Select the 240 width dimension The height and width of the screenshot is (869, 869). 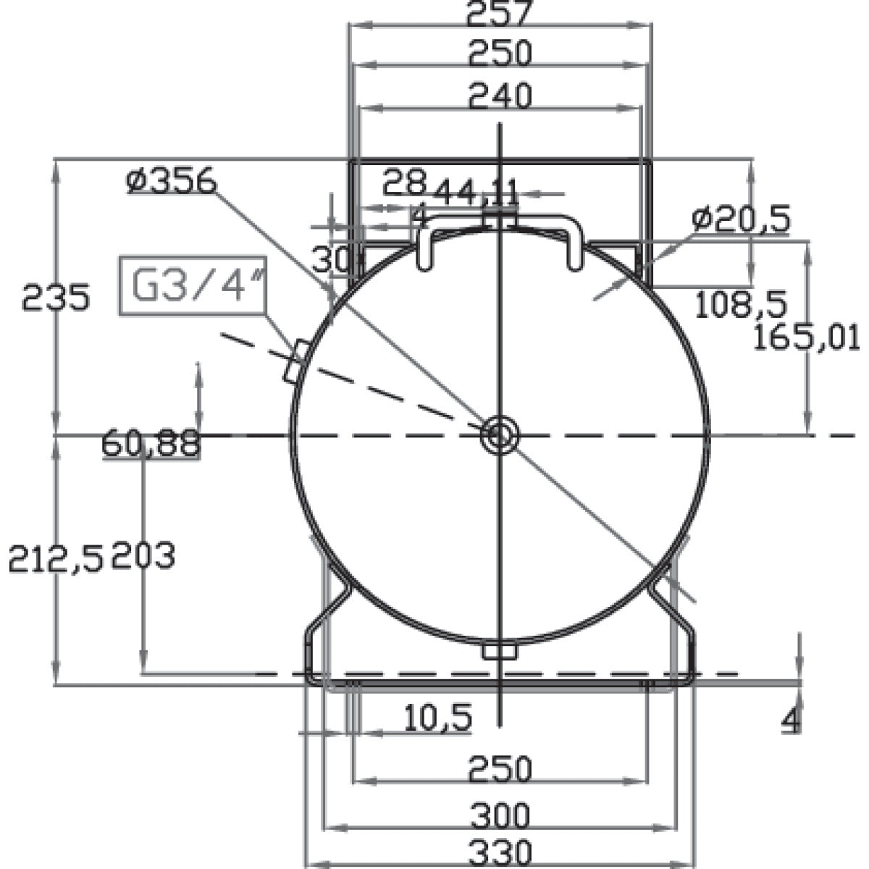500,95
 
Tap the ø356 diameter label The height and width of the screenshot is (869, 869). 171,180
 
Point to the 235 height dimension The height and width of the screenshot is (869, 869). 56,298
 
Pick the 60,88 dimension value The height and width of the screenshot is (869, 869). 151,443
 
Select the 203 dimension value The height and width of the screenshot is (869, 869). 143,556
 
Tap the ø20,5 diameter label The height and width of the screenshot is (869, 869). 740,218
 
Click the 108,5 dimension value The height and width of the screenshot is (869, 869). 740,305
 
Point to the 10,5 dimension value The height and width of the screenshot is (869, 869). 438,718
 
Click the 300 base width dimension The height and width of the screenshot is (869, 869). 500,817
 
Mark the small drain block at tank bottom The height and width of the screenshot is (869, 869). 500,651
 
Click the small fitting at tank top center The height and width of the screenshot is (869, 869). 500,217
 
